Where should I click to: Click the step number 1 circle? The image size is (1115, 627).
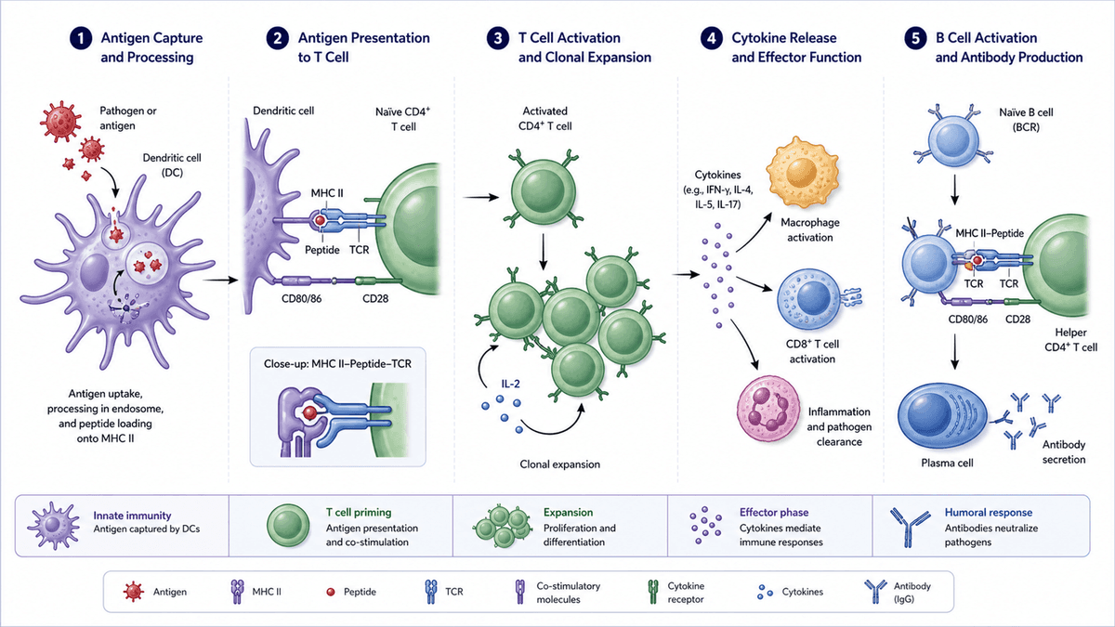pyautogui.click(x=81, y=38)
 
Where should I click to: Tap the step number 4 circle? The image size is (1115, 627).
pyautogui.click(x=712, y=38)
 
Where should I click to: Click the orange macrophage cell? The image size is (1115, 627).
pyautogui.click(x=803, y=172)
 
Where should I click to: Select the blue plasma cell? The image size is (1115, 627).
pyautogui.click(x=942, y=419)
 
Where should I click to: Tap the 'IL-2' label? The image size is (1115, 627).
pyautogui.click(x=510, y=384)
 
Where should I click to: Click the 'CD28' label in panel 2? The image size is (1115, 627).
pyautogui.click(x=375, y=298)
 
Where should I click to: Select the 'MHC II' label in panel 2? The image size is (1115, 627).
pyautogui.click(x=327, y=193)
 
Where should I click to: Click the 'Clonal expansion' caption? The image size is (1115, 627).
pyautogui.click(x=560, y=464)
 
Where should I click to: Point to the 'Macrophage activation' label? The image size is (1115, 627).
pyautogui.click(x=810, y=230)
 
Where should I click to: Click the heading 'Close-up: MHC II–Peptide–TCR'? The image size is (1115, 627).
pyautogui.click(x=337, y=364)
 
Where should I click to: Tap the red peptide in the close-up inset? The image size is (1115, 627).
pyautogui.click(x=309, y=412)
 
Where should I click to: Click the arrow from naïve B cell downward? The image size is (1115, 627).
pyautogui.click(x=954, y=189)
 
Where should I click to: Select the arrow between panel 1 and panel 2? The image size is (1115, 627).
pyautogui.click(x=220, y=281)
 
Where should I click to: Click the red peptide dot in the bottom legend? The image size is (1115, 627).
pyautogui.click(x=331, y=593)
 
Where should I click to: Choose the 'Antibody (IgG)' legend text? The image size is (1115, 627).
pyautogui.click(x=912, y=593)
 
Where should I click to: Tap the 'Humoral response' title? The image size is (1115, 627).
pyautogui.click(x=989, y=513)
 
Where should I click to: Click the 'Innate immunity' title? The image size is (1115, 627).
pyautogui.click(x=132, y=516)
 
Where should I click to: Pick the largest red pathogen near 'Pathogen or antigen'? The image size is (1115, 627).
pyautogui.click(x=60, y=121)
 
